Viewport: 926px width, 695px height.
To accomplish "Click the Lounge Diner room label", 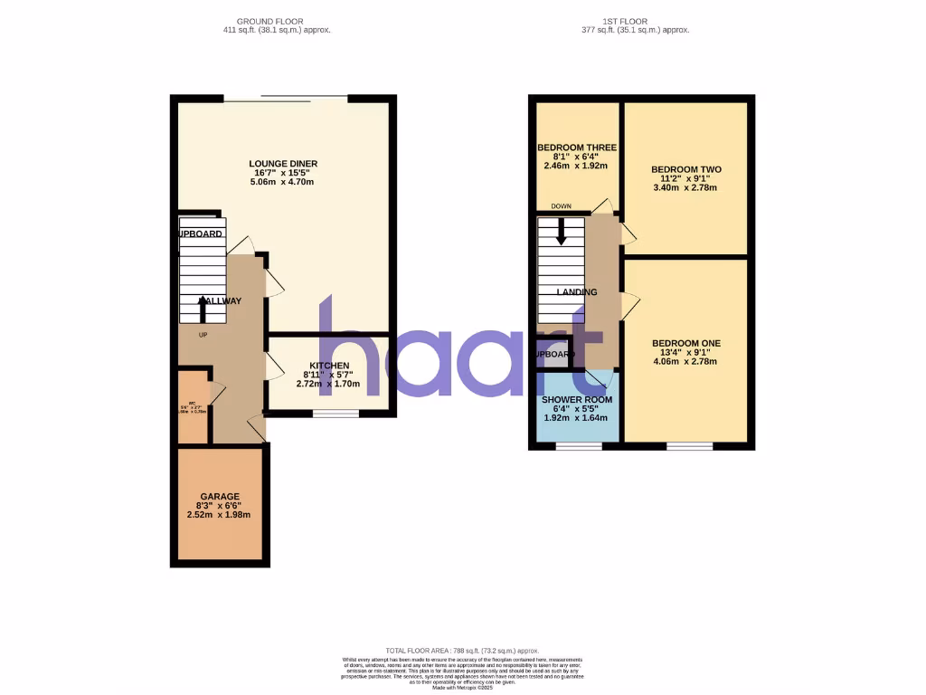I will pyautogui.click(x=283, y=164).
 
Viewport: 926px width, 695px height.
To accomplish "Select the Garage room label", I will pyautogui.click(x=220, y=497).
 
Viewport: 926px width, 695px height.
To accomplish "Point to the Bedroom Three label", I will pyautogui.click(x=577, y=148).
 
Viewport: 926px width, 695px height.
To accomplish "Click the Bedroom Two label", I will pyautogui.click(x=685, y=169).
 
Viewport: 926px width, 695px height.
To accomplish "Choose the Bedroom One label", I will pyautogui.click(x=685, y=343).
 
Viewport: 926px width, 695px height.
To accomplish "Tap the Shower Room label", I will pyautogui.click(x=577, y=400).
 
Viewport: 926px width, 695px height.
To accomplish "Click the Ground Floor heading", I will pyautogui.click(x=269, y=21).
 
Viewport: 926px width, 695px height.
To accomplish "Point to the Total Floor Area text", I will pyautogui.click(x=462, y=651).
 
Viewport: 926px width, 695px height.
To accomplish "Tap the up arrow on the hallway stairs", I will pyautogui.click(x=202, y=310).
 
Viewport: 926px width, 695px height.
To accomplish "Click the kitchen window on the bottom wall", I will pyautogui.click(x=335, y=414).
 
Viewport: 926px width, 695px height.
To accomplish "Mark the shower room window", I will pyautogui.click(x=579, y=446).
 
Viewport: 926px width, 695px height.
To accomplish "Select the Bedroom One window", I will pyautogui.click(x=689, y=446).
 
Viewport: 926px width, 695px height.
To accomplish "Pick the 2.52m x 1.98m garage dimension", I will pyautogui.click(x=220, y=515).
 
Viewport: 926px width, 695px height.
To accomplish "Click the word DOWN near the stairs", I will pyautogui.click(x=561, y=206).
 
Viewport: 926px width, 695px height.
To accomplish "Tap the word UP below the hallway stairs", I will pyautogui.click(x=203, y=335).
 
